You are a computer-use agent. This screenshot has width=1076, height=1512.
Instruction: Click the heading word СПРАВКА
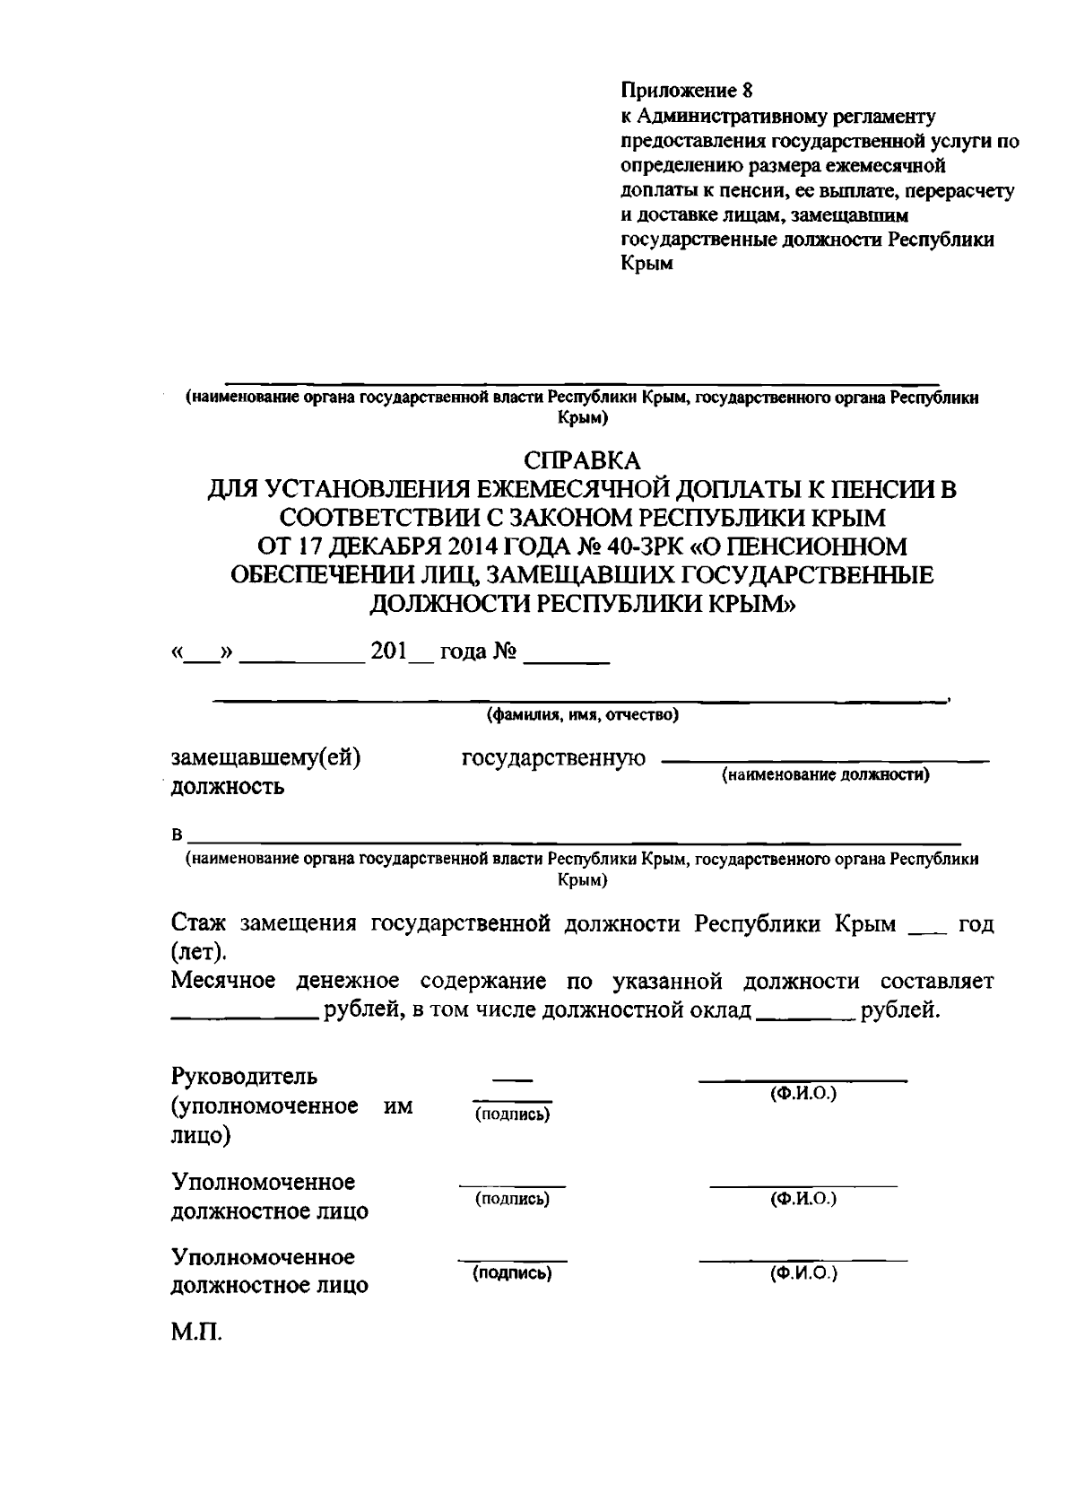[x=583, y=460]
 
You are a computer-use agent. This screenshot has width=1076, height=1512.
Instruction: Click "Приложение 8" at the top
[x=688, y=90]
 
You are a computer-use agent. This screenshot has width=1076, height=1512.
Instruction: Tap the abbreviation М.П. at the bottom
[x=196, y=1332]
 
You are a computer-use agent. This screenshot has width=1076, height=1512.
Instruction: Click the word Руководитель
[x=244, y=1076]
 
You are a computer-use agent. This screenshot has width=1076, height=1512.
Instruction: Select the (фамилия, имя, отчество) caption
[x=583, y=715]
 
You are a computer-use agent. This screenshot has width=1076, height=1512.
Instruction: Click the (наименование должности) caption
[x=826, y=774]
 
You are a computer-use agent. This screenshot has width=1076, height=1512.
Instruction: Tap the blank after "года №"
[x=566, y=658]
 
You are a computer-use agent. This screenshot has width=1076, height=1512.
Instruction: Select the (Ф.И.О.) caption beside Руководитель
[x=803, y=1095]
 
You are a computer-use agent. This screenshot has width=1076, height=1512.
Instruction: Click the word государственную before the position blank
[x=553, y=758]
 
